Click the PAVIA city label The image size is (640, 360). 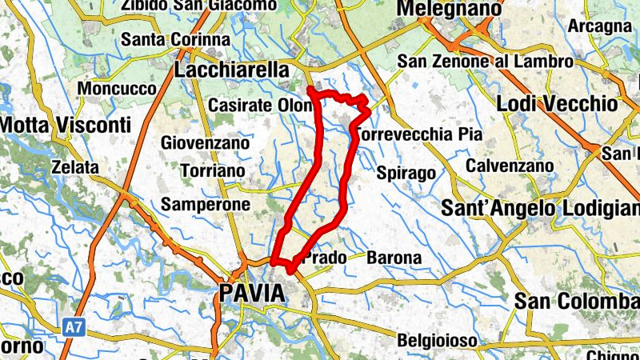pyautogui.click(x=251, y=293)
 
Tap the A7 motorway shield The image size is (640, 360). pyautogui.click(x=74, y=326)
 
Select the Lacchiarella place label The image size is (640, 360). pyautogui.click(x=231, y=70)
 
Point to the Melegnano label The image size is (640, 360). pyautogui.click(x=449, y=9)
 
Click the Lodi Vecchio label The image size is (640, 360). pyautogui.click(x=557, y=104)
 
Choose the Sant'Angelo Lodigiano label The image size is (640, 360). pyautogui.click(x=541, y=209)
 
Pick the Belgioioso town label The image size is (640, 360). pyautogui.click(x=437, y=340)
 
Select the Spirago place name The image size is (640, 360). pyautogui.click(x=406, y=174)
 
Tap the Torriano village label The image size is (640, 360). pyautogui.click(x=213, y=171)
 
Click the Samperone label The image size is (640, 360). pyautogui.click(x=206, y=205)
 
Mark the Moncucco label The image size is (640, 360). pyautogui.click(x=118, y=89)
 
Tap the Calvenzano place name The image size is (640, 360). pyautogui.click(x=510, y=166)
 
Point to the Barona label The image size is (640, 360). pyautogui.click(x=394, y=258)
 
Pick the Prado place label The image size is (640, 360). pyautogui.click(x=325, y=258)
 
